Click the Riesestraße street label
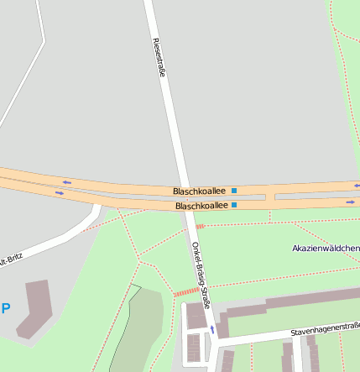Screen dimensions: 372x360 pos(159,56)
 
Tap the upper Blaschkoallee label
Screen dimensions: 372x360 pos(201,191)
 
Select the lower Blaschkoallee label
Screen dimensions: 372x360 pos(201,205)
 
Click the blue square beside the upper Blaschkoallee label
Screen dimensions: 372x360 pos(234,191)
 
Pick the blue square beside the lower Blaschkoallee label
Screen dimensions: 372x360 pos(234,204)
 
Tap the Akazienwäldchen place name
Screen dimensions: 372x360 pos(326,249)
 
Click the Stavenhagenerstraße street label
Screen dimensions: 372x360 pos(326,330)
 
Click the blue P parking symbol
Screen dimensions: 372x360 pos(6,308)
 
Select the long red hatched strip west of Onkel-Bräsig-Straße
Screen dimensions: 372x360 pos(188,291)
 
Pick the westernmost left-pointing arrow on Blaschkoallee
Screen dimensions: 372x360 pos(66,181)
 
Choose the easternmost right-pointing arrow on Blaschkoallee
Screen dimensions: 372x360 pos(351,202)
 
